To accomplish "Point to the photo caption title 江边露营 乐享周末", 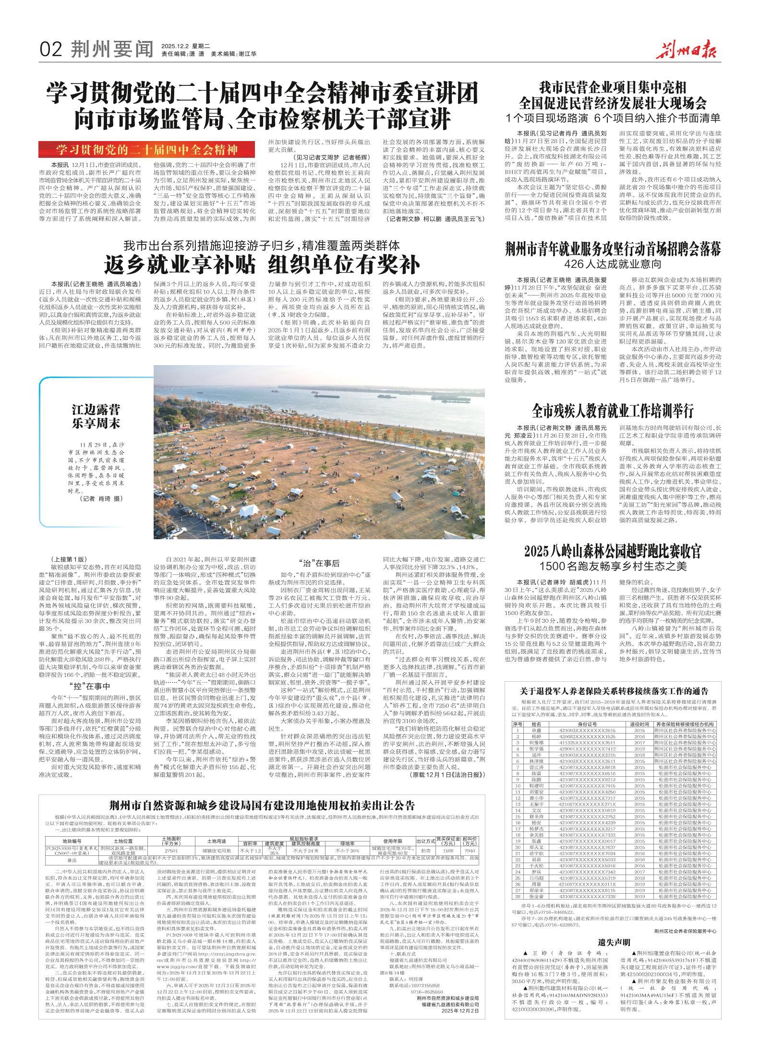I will pyautogui.click(x=96, y=416).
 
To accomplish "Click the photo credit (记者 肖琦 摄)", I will pyautogui.click(x=101, y=498).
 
